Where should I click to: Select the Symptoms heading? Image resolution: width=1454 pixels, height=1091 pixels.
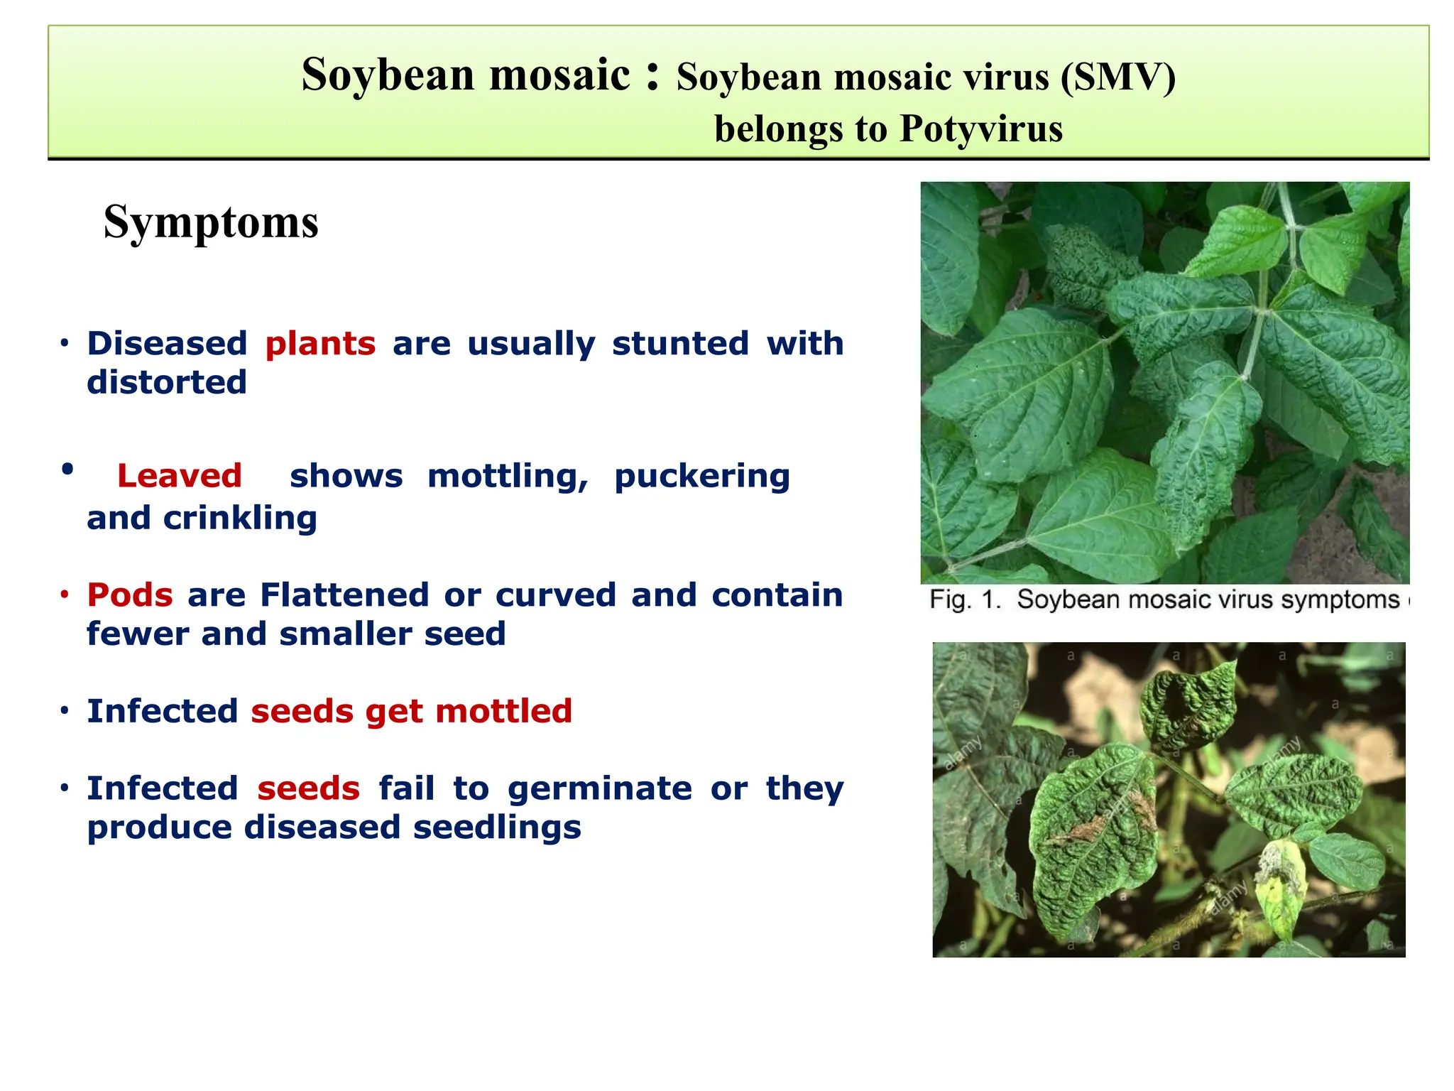(x=211, y=222)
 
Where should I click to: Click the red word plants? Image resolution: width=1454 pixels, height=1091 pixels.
(x=320, y=344)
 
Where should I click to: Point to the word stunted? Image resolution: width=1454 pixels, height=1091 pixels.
(x=680, y=344)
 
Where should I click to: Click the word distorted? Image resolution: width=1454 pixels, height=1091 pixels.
(x=167, y=383)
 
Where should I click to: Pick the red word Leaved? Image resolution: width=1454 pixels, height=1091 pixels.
(x=180, y=476)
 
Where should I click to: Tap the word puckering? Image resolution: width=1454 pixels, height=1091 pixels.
(x=701, y=476)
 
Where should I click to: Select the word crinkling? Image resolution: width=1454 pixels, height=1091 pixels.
(x=240, y=518)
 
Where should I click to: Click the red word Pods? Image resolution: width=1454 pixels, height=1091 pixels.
(x=130, y=595)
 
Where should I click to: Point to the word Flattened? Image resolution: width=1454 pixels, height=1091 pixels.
(x=344, y=595)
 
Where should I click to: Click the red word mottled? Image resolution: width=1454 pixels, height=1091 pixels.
(x=503, y=712)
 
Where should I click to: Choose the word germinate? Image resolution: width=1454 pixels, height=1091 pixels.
(x=599, y=788)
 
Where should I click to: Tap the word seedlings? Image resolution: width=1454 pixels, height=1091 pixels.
(x=497, y=827)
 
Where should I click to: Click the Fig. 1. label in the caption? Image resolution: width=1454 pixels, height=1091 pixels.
(x=965, y=600)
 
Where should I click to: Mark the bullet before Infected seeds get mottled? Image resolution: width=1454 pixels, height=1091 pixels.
(x=65, y=711)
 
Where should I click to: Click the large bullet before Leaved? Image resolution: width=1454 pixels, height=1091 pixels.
(x=67, y=469)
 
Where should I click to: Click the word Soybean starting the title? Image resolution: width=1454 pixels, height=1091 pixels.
(x=388, y=75)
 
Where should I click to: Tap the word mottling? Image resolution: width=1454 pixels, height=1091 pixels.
(x=508, y=476)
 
